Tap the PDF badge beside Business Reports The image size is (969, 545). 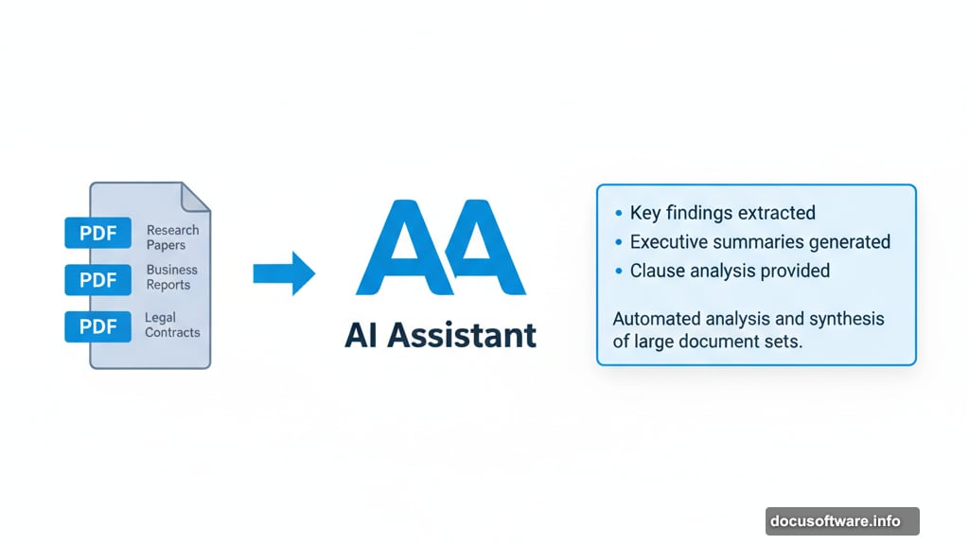click(x=98, y=280)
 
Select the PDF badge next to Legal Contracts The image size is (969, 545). click(x=98, y=326)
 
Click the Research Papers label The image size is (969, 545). click(x=172, y=237)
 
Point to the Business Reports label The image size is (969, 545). click(x=171, y=277)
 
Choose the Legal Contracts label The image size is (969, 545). click(x=172, y=325)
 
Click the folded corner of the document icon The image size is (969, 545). click(x=196, y=197)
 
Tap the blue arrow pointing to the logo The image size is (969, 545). click(x=283, y=273)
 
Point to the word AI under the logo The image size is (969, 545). click(x=364, y=335)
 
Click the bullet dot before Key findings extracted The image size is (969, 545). click(x=619, y=214)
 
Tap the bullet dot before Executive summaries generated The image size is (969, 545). click(x=619, y=242)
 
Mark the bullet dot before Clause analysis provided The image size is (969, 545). click(x=619, y=272)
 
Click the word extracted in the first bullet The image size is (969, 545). click(x=775, y=213)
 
